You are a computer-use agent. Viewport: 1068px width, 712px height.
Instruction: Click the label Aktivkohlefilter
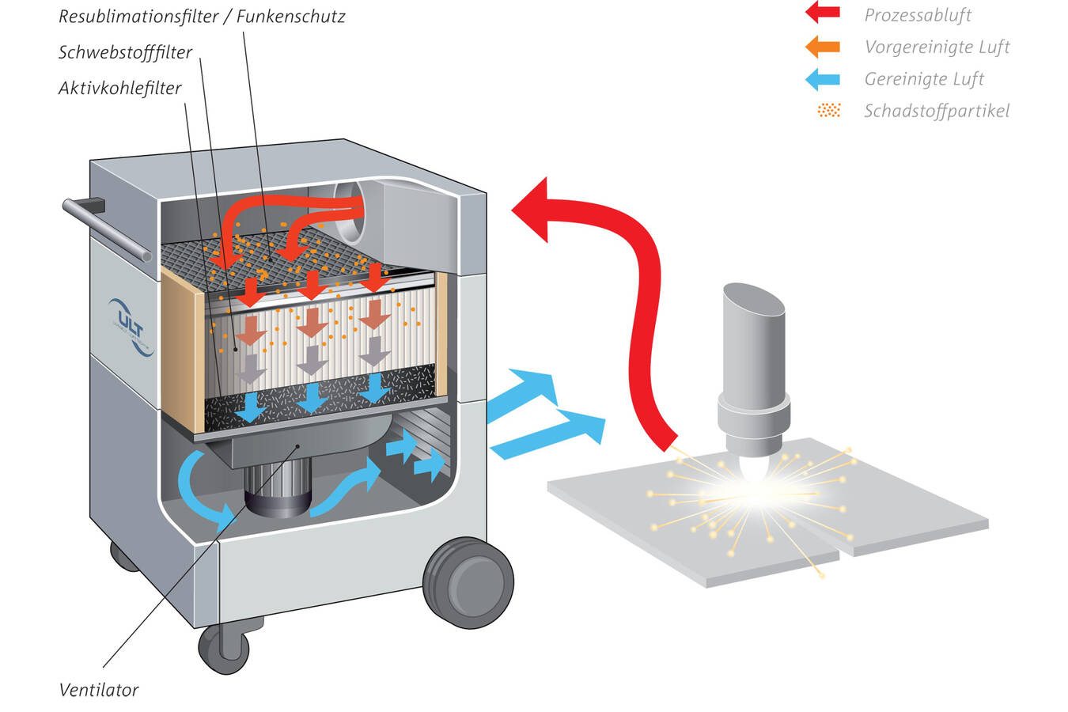tap(120, 88)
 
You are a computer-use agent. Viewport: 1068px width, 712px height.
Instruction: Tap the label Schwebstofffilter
tap(125, 52)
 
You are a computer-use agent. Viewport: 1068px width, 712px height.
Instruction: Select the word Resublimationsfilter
tap(138, 16)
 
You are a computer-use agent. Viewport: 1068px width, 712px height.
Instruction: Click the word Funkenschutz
tap(290, 16)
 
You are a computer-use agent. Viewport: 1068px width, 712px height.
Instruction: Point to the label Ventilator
tap(99, 690)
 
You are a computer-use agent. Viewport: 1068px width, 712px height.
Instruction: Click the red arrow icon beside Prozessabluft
tap(822, 12)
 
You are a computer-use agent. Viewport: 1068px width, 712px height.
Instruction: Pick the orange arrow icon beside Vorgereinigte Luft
tap(822, 47)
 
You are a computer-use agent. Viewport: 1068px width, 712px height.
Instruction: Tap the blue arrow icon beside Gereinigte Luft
tap(822, 79)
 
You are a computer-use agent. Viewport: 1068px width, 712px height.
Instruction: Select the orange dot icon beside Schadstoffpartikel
tap(828, 110)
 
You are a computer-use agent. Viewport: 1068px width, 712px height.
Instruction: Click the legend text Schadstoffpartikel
tap(937, 111)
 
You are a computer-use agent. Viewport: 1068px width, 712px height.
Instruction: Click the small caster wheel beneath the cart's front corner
tap(224, 648)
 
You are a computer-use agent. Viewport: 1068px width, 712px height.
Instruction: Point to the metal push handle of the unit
tap(107, 229)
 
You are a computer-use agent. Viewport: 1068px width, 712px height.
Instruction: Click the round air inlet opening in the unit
tap(350, 210)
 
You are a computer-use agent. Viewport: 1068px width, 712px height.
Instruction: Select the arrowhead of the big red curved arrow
tap(535, 209)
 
